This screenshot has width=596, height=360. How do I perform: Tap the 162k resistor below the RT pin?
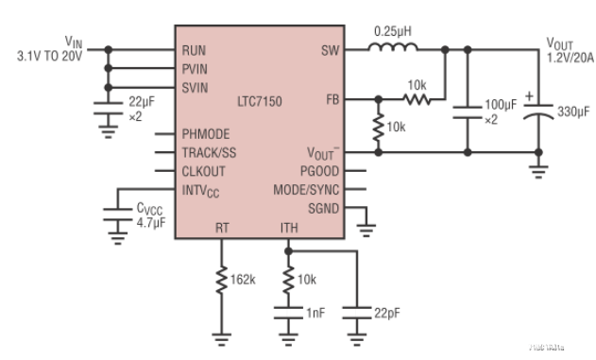pyautogui.click(x=222, y=281)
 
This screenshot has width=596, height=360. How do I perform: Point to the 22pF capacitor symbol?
pyautogui.click(x=357, y=309)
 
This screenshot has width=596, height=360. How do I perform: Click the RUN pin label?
pyautogui.click(x=194, y=50)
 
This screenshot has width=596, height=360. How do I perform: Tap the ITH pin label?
pyautogui.click(x=289, y=227)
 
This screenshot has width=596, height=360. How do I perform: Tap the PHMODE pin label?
pyautogui.click(x=205, y=134)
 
